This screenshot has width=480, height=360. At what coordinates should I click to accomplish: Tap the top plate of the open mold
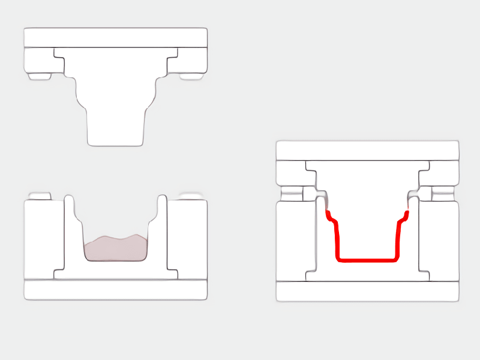point(116,37)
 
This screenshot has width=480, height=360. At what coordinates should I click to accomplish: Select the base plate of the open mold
point(116,289)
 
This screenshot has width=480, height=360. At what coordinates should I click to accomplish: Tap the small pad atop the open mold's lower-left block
point(40,196)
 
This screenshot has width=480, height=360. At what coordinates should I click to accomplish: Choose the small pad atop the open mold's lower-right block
point(192,196)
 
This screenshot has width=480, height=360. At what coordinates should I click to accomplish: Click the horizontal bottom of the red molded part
point(367,260)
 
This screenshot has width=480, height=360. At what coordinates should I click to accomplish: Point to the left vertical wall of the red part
point(337,240)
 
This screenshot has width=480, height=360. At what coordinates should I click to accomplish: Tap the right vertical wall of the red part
point(398,240)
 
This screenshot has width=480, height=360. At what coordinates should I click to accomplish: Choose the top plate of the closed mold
point(367,151)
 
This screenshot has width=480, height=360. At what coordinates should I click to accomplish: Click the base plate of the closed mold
point(367,291)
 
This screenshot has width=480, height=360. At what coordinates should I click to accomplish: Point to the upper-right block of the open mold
point(192,59)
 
